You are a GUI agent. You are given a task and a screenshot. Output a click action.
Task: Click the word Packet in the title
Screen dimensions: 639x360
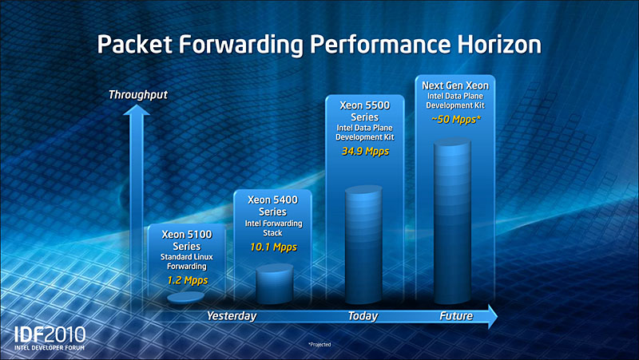pyautogui.click(x=134, y=44)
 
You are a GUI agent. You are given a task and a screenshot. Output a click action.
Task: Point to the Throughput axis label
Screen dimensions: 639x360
pyautogui.click(x=137, y=95)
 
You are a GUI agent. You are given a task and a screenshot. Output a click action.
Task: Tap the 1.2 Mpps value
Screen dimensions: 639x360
pyautogui.click(x=188, y=280)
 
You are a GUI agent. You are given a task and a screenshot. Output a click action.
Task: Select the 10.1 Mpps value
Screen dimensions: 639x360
pyautogui.click(x=273, y=247)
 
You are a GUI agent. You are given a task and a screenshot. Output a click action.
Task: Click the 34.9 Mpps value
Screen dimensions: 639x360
pyautogui.click(x=365, y=152)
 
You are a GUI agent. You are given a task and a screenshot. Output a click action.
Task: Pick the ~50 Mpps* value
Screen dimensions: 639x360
pyautogui.click(x=456, y=120)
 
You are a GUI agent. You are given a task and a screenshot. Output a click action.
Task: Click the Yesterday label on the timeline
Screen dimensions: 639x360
pyautogui.click(x=232, y=316)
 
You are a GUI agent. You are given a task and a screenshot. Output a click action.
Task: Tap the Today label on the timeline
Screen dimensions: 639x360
pyautogui.click(x=363, y=316)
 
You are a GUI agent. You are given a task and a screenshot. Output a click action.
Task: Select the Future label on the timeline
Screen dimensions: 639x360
pyautogui.click(x=456, y=316)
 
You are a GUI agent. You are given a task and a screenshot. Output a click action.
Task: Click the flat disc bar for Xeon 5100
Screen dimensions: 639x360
pyautogui.click(x=186, y=298)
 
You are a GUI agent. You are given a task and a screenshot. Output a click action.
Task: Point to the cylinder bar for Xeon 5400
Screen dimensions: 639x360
pyautogui.click(x=274, y=284)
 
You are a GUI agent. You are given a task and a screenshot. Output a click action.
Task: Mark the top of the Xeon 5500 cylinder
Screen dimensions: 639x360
pyautogui.click(x=363, y=191)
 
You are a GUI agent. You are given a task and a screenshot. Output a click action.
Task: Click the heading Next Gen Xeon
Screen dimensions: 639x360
pyautogui.click(x=455, y=85)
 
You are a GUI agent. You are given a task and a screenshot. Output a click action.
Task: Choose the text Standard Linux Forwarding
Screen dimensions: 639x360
pyautogui.click(x=187, y=262)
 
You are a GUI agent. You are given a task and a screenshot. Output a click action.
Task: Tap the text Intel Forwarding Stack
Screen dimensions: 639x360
pyautogui.click(x=273, y=228)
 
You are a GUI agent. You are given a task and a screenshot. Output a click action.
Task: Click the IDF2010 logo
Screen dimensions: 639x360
pyautogui.click(x=50, y=338)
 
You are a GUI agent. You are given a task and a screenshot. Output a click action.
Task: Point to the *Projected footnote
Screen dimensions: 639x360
pyautogui.click(x=319, y=345)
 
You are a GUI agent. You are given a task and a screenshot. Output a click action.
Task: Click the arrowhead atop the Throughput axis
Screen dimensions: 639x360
pyautogui.click(x=137, y=110)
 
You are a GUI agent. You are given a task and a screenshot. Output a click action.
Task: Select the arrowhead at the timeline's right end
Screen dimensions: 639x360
pyautogui.click(x=493, y=316)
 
